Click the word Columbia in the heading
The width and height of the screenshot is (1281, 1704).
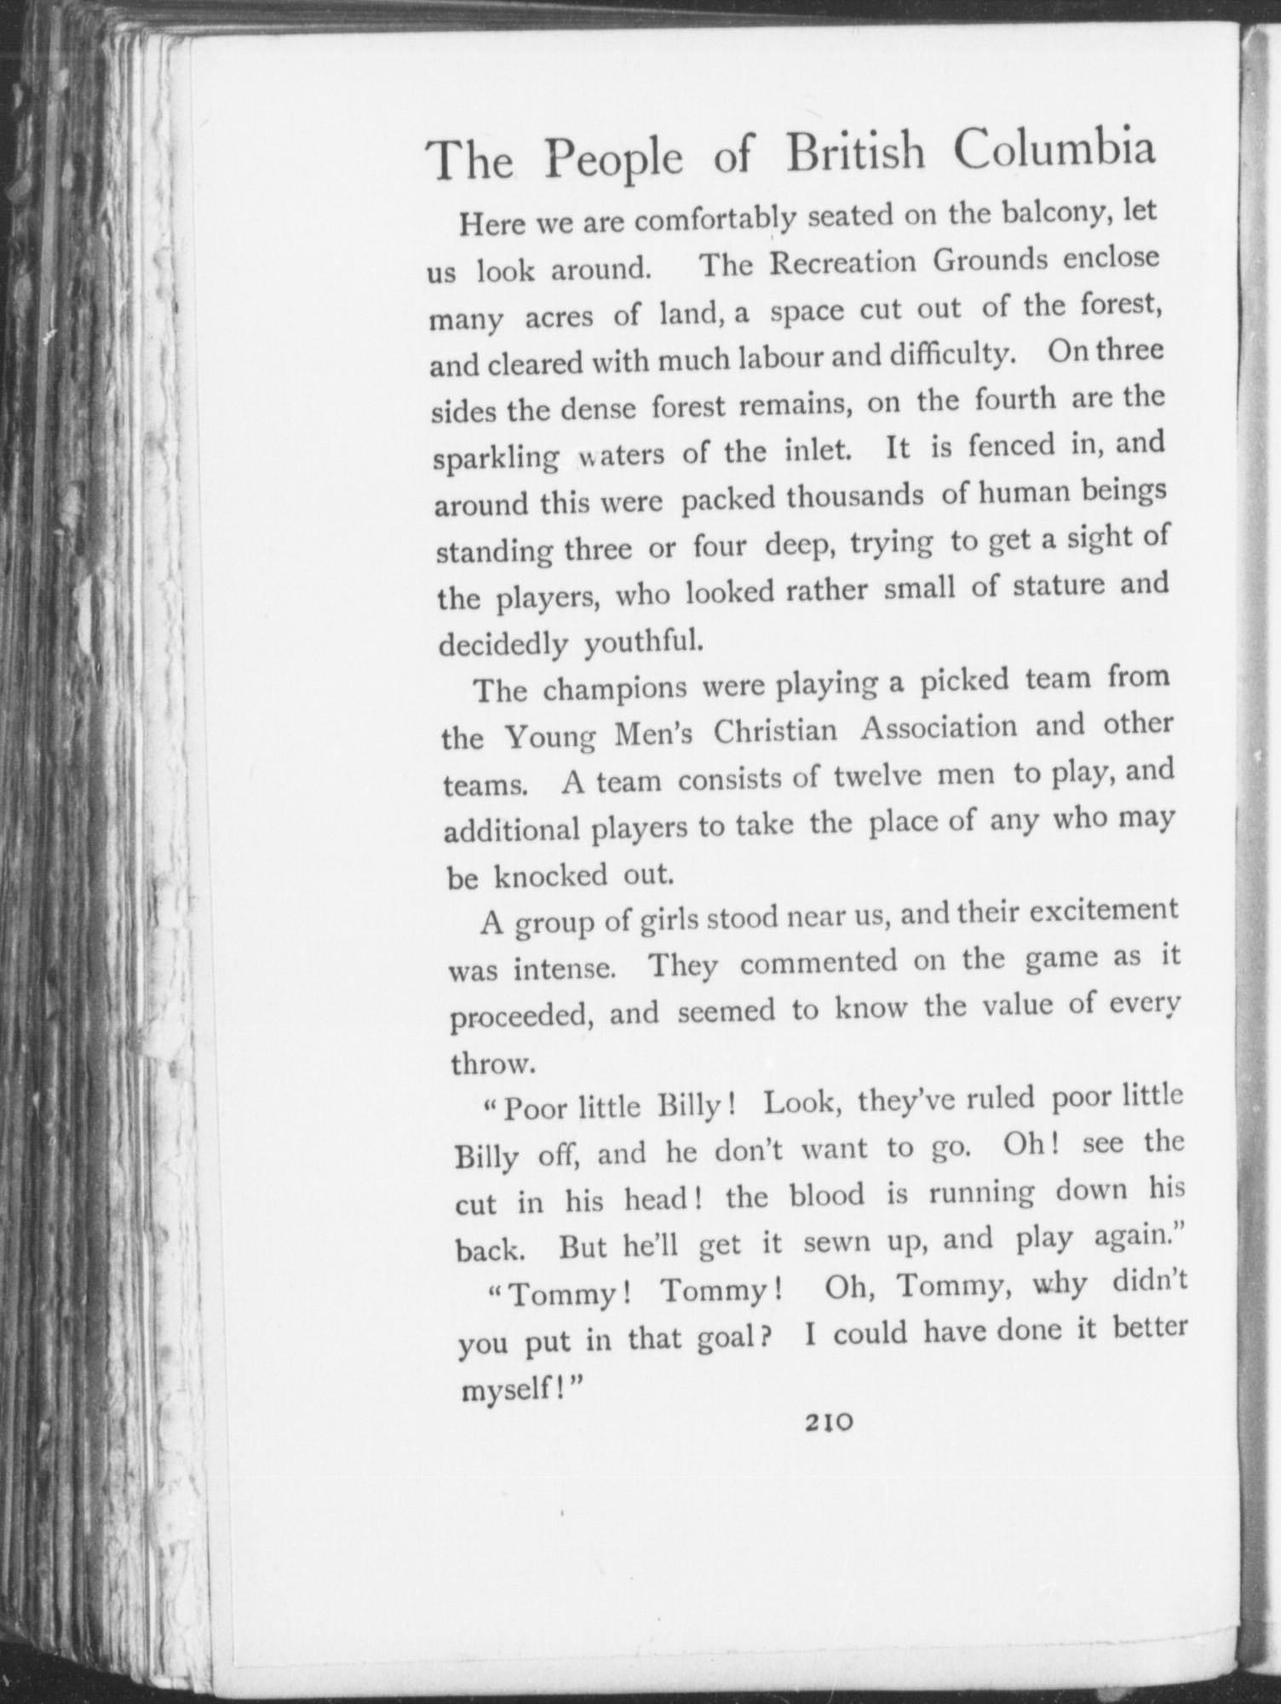click(1054, 152)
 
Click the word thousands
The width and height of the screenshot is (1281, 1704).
click(854, 497)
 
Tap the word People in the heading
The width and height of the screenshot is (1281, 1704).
click(614, 159)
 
